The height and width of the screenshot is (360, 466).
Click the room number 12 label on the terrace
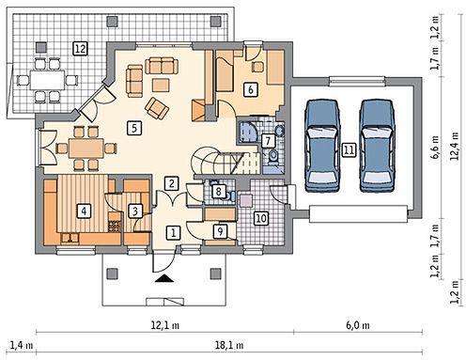pos(80,49)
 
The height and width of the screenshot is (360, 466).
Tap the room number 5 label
pos(134,128)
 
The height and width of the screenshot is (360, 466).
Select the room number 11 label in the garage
pos(349,149)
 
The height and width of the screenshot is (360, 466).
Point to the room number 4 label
pos(84,211)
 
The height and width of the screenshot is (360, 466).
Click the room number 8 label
pos(219,191)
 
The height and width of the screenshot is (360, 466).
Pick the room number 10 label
pos(261,218)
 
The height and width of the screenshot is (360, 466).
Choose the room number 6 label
pos(251,89)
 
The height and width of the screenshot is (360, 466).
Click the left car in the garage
pos(322,146)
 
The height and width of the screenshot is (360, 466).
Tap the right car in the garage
pos(377,146)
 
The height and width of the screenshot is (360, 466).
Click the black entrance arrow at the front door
pos(164,278)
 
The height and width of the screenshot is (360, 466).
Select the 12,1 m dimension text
pos(165,325)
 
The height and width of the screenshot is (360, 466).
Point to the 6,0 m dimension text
pos(358,325)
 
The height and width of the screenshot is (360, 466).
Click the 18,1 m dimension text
pos(229,345)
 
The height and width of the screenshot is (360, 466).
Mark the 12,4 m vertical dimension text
pos(455,146)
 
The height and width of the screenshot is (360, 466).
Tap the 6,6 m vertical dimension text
pos(435,148)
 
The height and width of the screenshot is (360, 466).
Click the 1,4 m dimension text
pos(22,345)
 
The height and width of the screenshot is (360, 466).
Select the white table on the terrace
pos(47,80)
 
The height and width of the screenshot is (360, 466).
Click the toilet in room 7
pos(273,156)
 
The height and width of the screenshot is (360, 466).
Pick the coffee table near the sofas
pos(161,85)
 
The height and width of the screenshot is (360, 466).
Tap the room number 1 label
pos(173,232)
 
